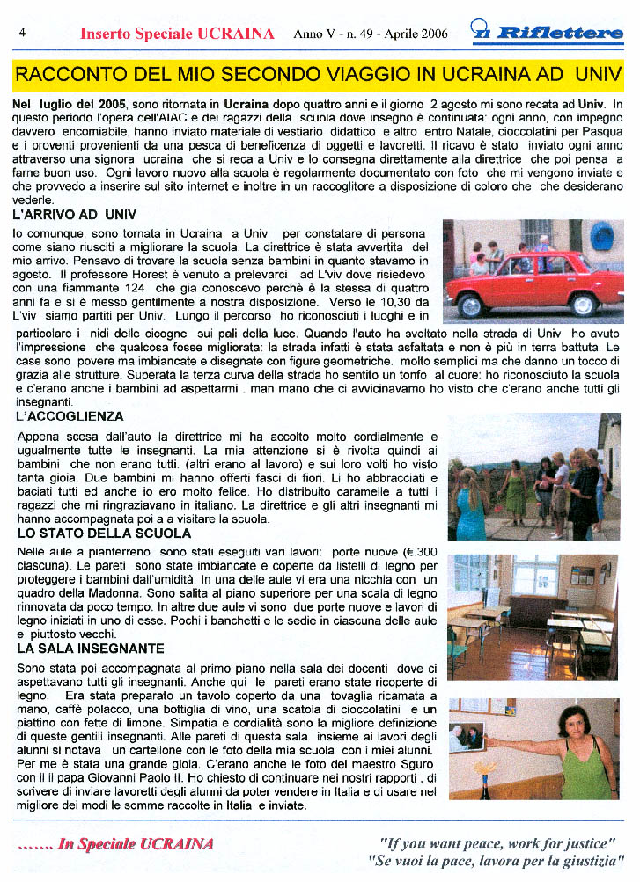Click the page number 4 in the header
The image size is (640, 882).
coord(21,33)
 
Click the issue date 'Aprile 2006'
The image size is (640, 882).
coord(413,34)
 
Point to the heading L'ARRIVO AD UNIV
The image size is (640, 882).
coord(75,214)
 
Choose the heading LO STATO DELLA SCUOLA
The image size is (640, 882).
coord(103,533)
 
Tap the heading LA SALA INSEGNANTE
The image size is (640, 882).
coord(90,648)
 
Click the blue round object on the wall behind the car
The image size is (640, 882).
coord(601,236)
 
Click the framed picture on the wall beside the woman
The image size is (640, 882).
coord(467,737)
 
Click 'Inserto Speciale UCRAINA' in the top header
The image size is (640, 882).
coord(177,34)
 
